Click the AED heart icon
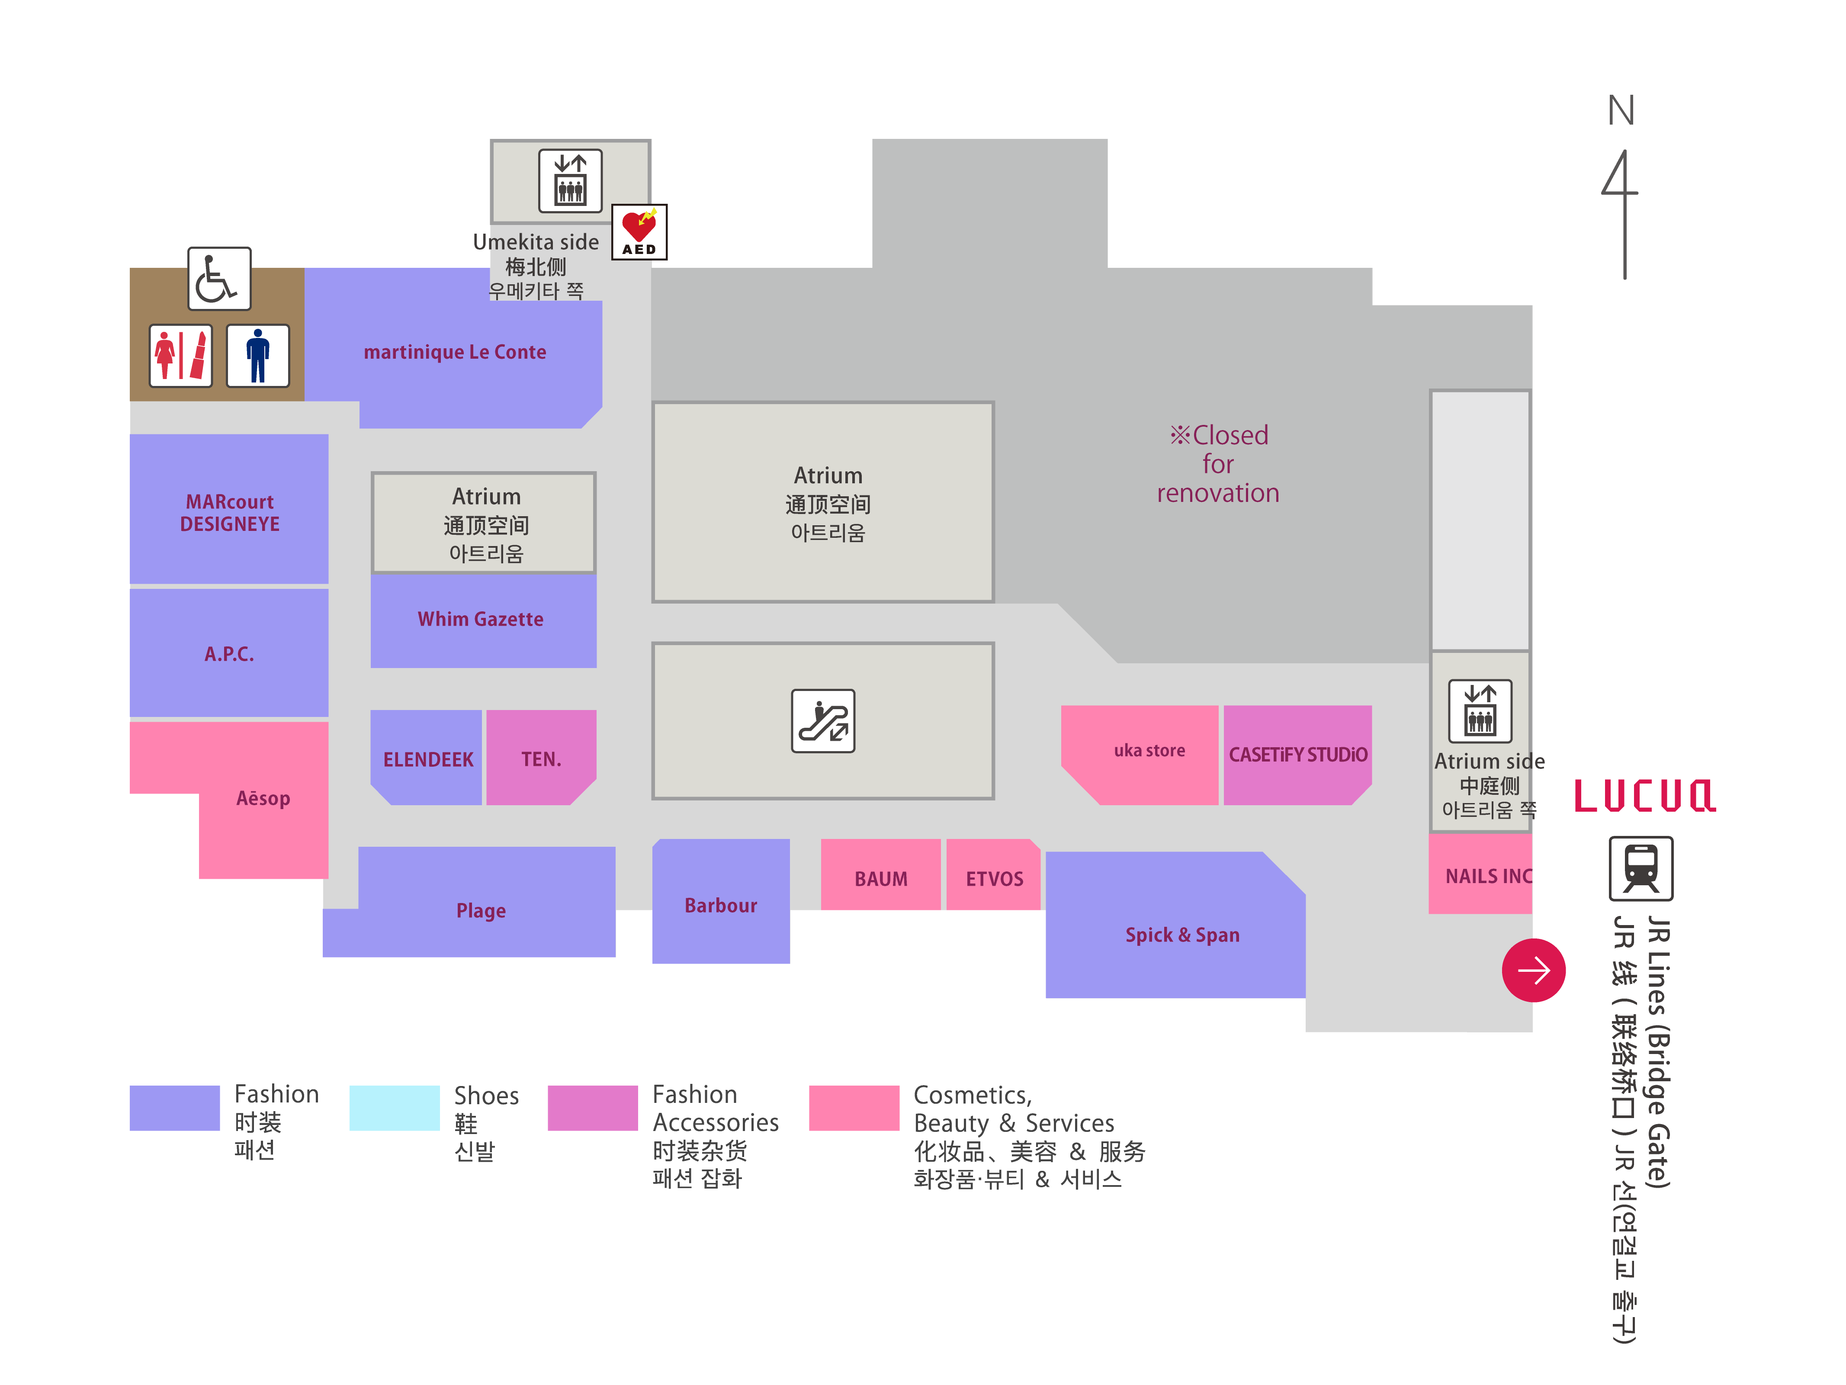639,231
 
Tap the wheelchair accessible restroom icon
218,279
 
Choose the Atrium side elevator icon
1480,711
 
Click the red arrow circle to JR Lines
1533,970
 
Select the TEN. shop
541,759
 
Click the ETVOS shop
994,878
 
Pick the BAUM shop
880,878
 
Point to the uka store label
1149,751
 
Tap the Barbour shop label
720,905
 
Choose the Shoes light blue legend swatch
394,1108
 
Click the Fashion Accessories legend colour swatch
593,1108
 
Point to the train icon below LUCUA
1641,868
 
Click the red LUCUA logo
1644,796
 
